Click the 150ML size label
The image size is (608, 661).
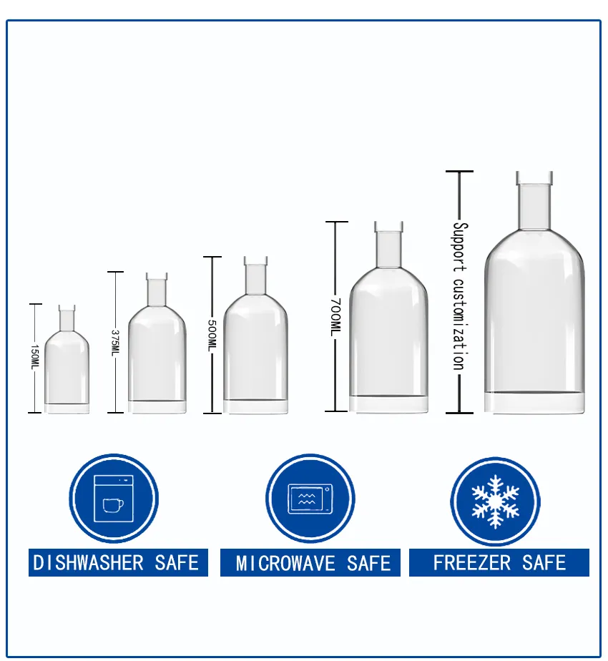(x=35, y=358)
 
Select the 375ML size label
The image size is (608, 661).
(x=116, y=342)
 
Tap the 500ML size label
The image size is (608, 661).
(x=212, y=335)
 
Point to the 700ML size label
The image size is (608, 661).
(x=335, y=317)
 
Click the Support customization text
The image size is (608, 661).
(x=460, y=296)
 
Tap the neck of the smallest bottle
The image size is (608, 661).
(x=67, y=318)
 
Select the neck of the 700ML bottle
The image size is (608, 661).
(x=388, y=245)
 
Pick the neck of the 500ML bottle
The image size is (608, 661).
(x=255, y=275)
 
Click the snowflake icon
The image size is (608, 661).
(x=496, y=501)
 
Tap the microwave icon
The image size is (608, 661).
(x=310, y=499)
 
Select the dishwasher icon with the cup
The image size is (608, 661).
(x=114, y=499)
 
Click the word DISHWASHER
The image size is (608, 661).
(x=89, y=563)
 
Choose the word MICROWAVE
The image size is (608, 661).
(x=286, y=564)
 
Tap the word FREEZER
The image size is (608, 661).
(x=472, y=563)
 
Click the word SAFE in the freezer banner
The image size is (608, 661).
(x=544, y=563)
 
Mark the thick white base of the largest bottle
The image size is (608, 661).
(x=534, y=403)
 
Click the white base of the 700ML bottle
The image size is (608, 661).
(x=388, y=404)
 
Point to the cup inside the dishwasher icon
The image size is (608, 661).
(x=114, y=506)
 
